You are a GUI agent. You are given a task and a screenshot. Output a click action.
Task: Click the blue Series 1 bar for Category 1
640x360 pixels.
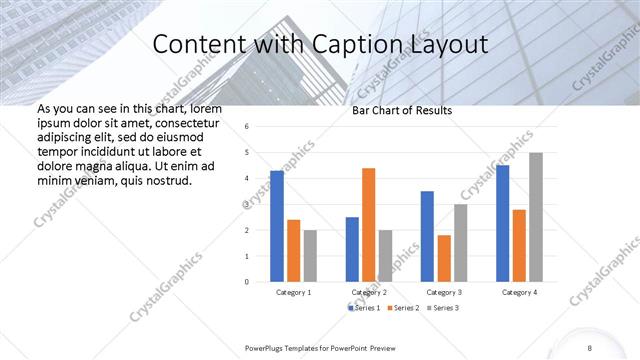[277, 226]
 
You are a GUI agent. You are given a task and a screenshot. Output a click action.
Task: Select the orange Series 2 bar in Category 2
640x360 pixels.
[368, 225]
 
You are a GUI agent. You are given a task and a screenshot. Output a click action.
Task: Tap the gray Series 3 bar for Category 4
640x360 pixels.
[536, 217]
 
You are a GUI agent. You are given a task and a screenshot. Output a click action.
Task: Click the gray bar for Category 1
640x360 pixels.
[310, 256]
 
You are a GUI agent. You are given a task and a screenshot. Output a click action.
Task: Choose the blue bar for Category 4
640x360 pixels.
[502, 223]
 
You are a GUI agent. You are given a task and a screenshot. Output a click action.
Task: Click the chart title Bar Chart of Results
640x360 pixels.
[402, 111]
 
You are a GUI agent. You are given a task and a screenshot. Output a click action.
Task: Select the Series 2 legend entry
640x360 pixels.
[403, 307]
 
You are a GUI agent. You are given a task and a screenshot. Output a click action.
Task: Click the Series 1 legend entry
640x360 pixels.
[362, 307]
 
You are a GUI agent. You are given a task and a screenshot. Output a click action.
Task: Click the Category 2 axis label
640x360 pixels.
[369, 292]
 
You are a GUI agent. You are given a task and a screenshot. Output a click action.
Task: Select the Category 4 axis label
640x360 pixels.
[519, 292]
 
